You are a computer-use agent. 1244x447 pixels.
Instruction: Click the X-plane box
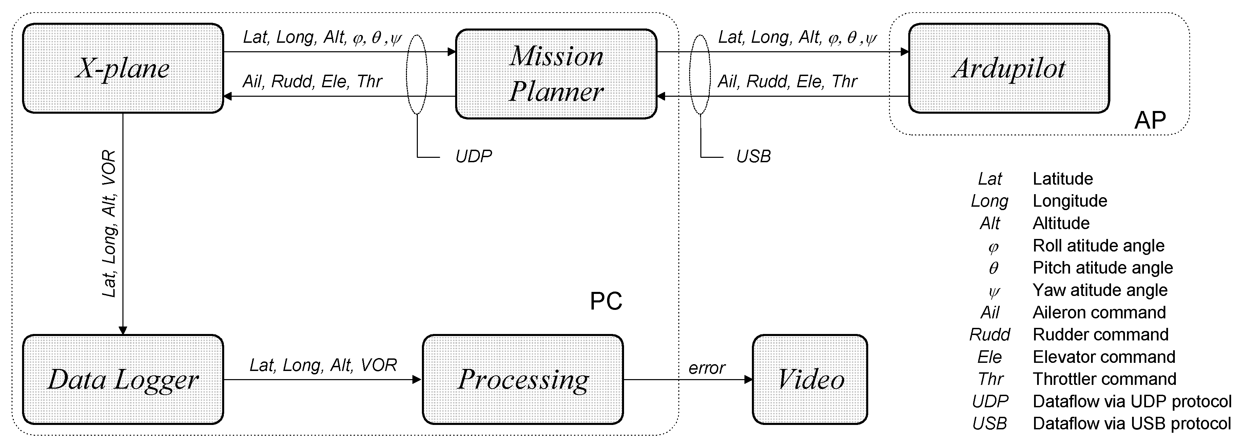123,68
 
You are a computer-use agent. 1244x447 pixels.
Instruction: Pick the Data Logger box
123,379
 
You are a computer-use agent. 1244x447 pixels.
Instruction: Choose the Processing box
523,379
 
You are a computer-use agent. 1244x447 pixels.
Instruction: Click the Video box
810,379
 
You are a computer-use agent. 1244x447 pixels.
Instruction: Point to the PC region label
606,301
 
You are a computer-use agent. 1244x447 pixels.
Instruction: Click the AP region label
1149,120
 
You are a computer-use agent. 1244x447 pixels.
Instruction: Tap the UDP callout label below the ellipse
473,156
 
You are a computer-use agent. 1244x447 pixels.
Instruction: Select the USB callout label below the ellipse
753,156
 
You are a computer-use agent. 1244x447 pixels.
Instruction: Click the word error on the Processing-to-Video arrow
706,368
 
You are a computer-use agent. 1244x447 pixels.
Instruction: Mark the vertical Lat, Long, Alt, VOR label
109,223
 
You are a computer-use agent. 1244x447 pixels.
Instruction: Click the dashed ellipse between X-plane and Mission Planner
417,74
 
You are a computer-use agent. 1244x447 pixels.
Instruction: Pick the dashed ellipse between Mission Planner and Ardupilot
700,74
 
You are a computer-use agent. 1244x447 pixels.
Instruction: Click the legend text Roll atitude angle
1098,245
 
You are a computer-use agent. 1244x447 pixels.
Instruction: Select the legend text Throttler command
1104,379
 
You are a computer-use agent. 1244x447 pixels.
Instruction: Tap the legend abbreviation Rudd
990,334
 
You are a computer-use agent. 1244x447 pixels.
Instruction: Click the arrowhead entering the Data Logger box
123,331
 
